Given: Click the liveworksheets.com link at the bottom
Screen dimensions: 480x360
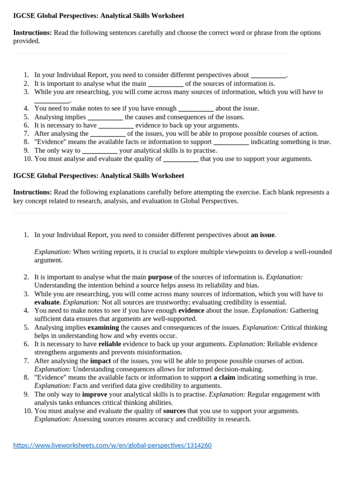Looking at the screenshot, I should click(112, 445).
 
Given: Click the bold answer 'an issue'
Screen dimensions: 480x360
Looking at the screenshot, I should click(263, 235).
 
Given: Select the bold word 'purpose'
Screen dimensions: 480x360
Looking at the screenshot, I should click(160, 277).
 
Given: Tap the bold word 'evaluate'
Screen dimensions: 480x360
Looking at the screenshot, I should click(47, 302).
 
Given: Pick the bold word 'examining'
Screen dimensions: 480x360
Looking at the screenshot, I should click(103, 327).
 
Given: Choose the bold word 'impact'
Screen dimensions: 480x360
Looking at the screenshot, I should click(100, 361).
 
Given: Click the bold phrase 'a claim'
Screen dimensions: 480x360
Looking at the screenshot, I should click(225, 377).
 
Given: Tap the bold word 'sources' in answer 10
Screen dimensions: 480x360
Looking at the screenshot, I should click(174, 411).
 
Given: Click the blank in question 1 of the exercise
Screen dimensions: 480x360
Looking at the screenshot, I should click(268, 75).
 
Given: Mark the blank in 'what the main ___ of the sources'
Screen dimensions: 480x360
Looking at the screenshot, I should click(165, 84).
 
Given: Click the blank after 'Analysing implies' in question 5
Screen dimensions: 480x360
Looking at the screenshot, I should click(105, 117).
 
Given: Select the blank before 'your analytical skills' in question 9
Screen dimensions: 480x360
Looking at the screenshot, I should click(99, 151).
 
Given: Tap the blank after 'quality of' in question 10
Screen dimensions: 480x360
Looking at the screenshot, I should click(180, 159).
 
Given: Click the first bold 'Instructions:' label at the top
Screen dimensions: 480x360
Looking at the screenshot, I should click(32, 33).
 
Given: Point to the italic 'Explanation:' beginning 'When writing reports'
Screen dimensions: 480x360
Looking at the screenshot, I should click(52, 252).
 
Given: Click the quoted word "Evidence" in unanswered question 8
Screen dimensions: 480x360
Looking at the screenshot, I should click(51, 142).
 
